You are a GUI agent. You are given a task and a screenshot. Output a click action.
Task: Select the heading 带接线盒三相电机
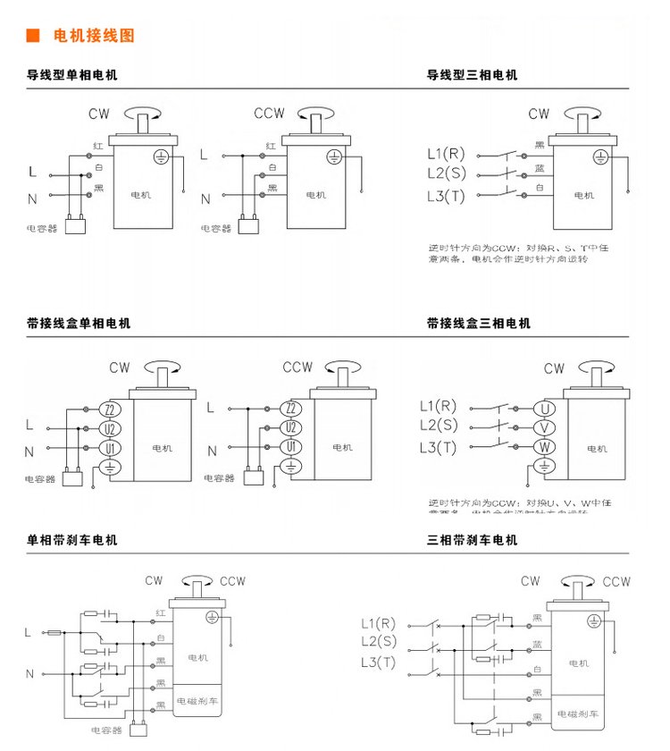click(479, 323)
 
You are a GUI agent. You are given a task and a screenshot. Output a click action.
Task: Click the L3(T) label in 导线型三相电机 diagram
click(446, 196)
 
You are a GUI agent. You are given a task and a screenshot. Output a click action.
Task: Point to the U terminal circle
click(545, 408)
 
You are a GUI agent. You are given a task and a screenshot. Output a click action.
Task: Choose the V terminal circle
click(545, 426)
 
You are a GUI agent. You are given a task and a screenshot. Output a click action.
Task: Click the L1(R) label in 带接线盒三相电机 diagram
click(438, 406)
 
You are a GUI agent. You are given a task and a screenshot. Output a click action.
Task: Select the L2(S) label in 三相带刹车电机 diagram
click(378, 642)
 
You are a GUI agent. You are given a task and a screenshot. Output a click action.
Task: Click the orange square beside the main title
click(32, 36)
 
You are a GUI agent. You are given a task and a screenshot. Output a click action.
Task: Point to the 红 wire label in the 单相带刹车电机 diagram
click(161, 612)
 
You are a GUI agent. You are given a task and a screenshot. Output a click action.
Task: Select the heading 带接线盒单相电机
click(79, 323)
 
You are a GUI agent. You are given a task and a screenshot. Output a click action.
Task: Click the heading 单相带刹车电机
click(71, 540)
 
